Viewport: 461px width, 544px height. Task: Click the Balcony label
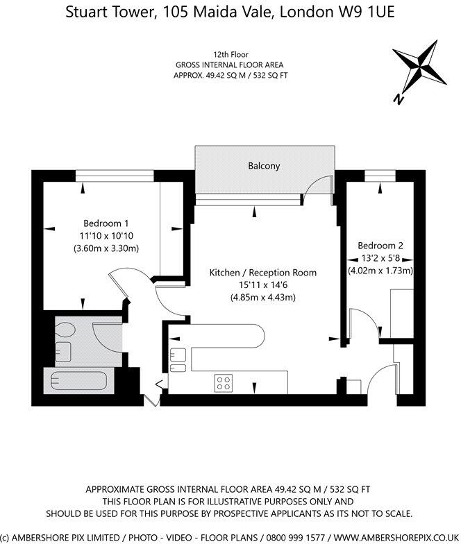264,167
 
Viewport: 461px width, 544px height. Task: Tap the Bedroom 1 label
106,223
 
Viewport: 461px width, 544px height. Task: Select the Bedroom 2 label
380,246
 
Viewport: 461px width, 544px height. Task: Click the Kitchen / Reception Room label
263,272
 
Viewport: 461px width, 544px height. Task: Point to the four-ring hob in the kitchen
224,383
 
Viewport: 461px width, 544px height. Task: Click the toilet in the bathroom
65,330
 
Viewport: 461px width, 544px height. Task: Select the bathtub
78,380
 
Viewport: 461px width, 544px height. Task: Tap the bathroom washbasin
63,352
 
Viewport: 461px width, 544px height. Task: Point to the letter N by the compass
399,100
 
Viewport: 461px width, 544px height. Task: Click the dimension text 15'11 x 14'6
263,284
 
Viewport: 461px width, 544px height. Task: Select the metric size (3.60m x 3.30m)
106,248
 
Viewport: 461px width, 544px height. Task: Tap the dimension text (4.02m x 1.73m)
380,271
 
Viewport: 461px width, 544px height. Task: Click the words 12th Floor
230,54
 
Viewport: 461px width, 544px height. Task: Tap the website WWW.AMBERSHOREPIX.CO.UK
396,538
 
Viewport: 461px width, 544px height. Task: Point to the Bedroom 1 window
115,176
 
